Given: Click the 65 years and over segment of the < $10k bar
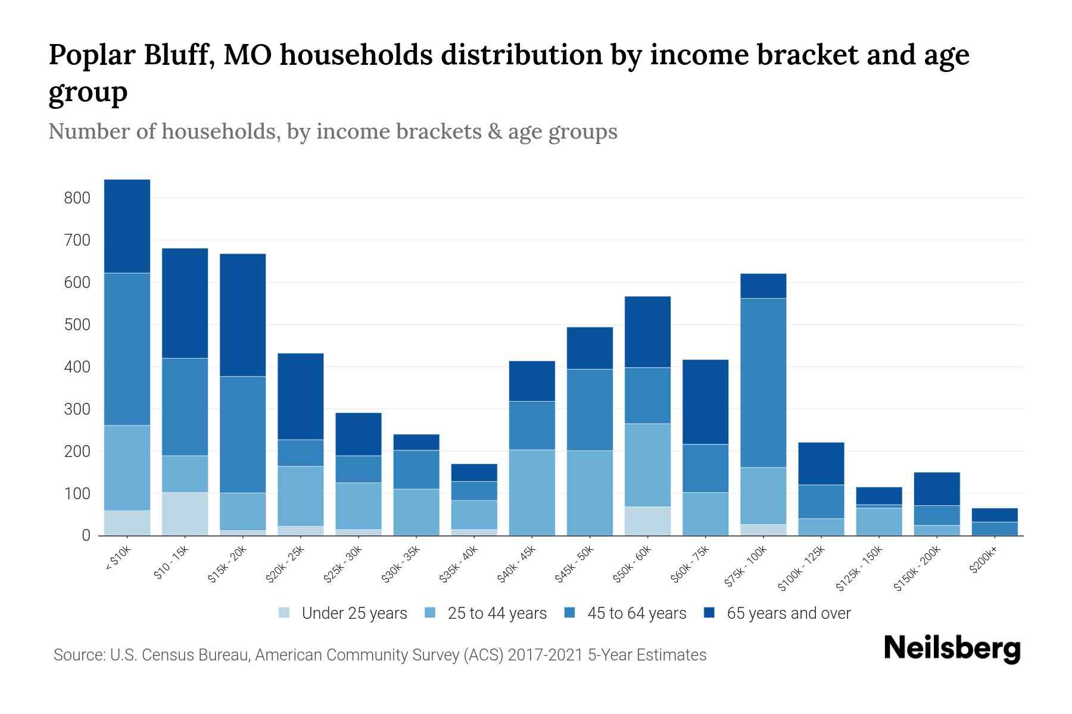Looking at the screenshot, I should [x=127, y=226].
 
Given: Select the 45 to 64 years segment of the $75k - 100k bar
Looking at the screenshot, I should [x=763, y=383].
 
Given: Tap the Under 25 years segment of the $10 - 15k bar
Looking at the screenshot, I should [x=185, y=513].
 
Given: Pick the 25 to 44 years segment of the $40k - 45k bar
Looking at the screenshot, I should [x=532, y=492].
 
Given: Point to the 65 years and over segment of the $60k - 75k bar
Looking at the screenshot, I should [x=705, y=402].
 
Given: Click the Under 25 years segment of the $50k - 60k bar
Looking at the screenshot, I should [x=647, y=521].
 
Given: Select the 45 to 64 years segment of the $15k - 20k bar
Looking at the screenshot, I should [x=243, y=434].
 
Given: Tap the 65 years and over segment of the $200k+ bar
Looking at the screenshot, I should [x=995, y=515].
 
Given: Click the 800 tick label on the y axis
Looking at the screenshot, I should [x=77, y=198].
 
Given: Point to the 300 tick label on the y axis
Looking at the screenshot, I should [x=77, y=409].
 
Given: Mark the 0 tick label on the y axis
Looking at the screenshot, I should [x=86, y=535].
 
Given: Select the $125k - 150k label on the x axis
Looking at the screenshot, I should [x=859, y=568].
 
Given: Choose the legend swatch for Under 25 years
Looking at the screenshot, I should [x=285, y=612].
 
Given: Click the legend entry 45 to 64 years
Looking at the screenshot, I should [x=636, y=613].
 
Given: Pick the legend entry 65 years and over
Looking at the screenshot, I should [x=788, y=613].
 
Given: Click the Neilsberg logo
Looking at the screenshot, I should [x=952, y=649].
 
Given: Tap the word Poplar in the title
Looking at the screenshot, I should [x=91, y=55].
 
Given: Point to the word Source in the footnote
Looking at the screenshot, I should [x=77, y=655].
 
